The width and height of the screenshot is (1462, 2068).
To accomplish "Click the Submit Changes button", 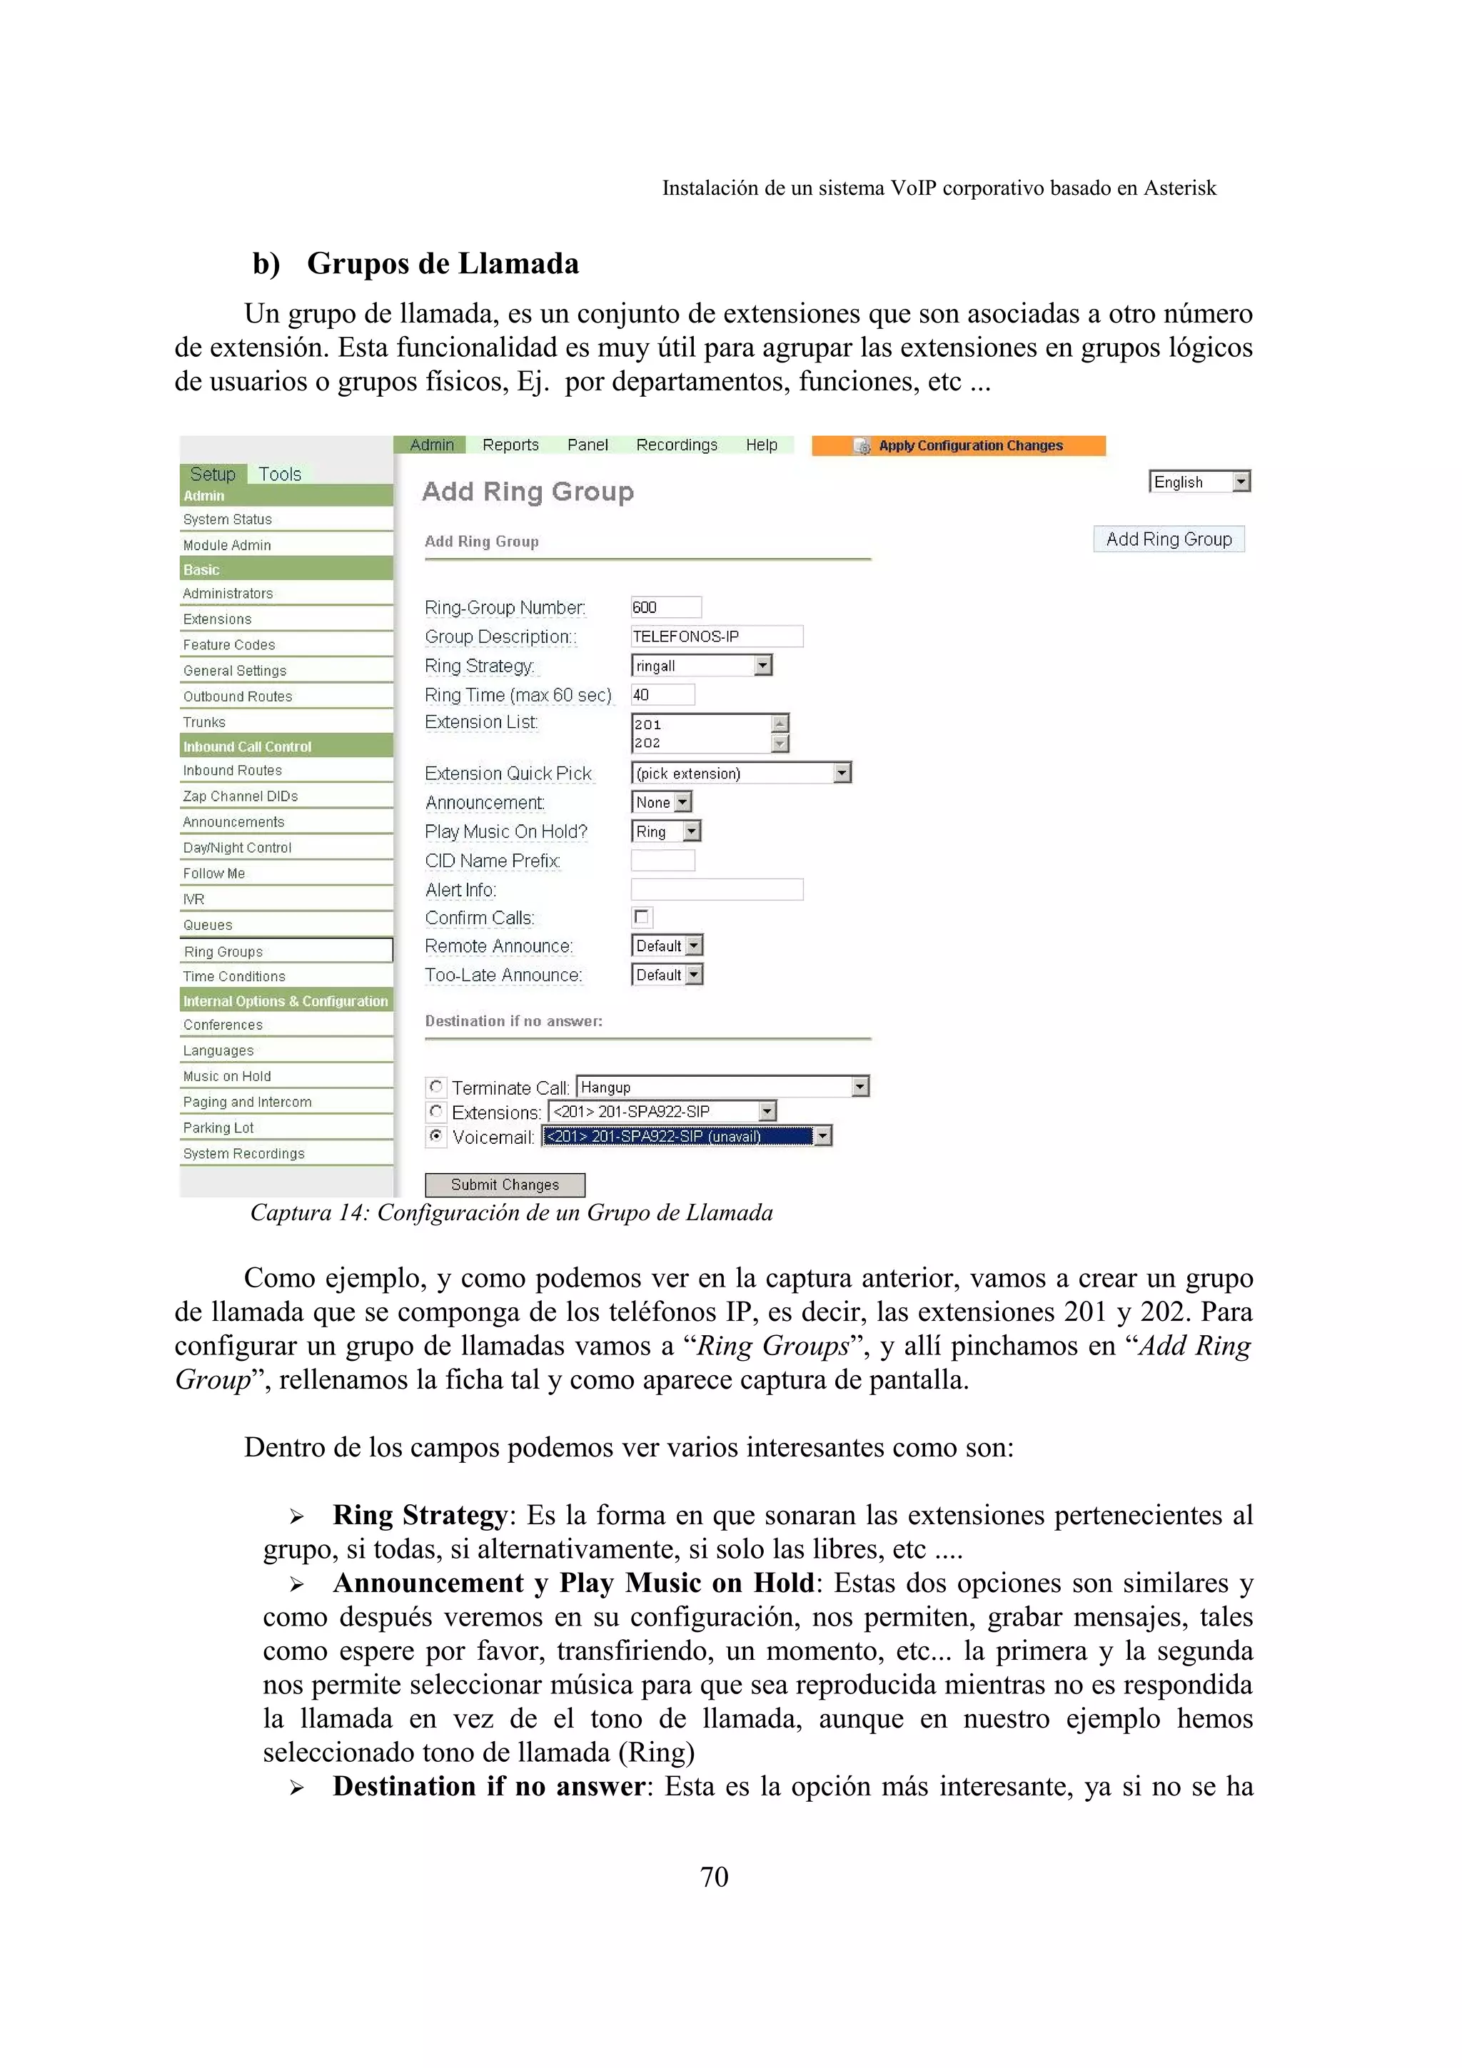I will click(x=505, y=1185).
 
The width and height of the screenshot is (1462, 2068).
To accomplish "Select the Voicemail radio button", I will click(x=436, y=1136).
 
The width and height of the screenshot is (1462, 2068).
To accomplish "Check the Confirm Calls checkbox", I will click(x=641, y=917).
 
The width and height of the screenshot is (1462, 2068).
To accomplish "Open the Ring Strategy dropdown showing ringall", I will click(x=701, y=666).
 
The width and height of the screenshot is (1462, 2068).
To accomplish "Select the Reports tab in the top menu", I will click(x=510, y=445).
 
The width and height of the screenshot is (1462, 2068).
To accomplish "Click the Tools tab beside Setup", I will click(x=279, y=474).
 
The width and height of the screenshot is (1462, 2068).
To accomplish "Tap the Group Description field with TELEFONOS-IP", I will click(x=715, y=636).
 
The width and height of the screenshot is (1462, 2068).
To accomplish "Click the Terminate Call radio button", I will click(x=436, y=1086).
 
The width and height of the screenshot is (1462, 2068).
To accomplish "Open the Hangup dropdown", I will click(x=722, y=1087).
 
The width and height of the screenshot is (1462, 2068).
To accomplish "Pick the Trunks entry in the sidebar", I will click(x=204, y=721).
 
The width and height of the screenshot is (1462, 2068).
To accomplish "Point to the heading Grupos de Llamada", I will click(x=443, y=263).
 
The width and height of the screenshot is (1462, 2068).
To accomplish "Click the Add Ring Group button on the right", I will click(x=1169, y=539).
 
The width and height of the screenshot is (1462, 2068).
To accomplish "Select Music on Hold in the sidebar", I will click(x=227, y=1075).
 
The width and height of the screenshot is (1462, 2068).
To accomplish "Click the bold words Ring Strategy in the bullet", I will click(x=420, y=1514).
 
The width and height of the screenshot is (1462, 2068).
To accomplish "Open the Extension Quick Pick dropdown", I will click(x=740, y=773).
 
